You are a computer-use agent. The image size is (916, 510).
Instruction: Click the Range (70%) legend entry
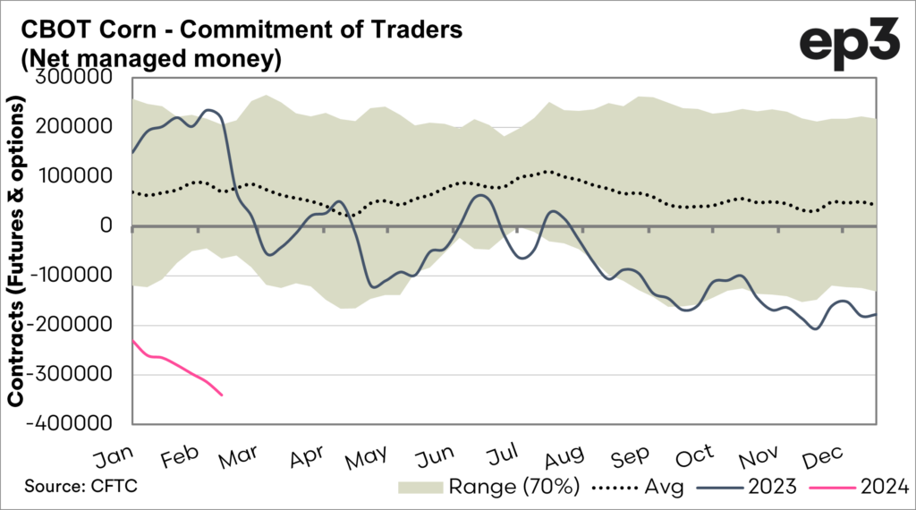click(513, 487)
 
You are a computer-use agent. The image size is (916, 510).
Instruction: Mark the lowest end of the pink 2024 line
click(222, 395)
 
